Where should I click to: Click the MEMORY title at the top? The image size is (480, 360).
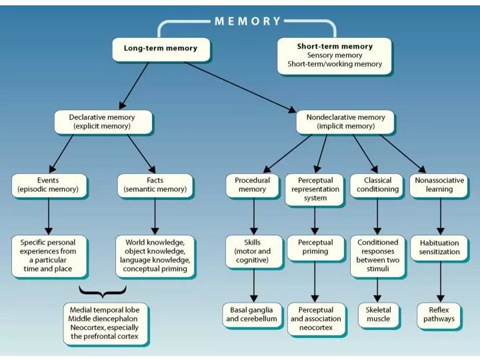248,21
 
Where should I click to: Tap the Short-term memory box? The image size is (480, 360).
335,55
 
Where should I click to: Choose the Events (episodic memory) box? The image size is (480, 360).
49,185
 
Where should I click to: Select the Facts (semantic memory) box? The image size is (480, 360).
155,185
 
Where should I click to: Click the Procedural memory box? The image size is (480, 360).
253,185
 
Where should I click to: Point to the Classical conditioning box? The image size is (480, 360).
377,185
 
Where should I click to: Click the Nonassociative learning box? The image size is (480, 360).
439,185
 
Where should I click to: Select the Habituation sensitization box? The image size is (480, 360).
439,247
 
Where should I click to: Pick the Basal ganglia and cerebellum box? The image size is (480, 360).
253,314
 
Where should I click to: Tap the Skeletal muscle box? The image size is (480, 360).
378,314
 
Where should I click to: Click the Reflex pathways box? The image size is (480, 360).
439,314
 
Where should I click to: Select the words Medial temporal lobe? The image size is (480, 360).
107,311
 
